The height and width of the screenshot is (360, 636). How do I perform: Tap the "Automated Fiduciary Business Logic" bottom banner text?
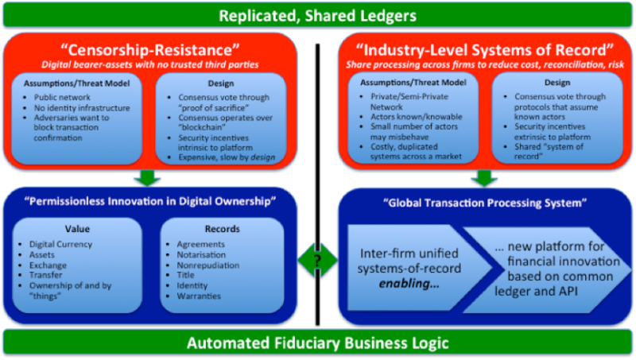[x=318, y=344]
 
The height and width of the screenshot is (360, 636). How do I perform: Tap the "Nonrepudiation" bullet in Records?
[x=206, y=265]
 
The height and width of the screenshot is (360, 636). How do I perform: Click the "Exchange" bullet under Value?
[x=49, y=265]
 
